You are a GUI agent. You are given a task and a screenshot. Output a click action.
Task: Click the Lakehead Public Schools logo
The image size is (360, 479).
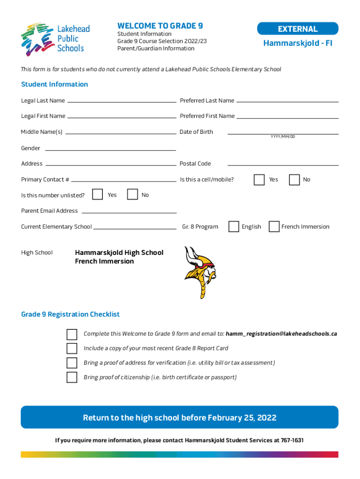[x=55, y=39]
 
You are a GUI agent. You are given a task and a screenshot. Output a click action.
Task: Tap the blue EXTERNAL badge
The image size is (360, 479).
[x=297, y=29]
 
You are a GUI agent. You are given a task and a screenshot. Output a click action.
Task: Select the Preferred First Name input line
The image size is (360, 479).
[x=287, y=116]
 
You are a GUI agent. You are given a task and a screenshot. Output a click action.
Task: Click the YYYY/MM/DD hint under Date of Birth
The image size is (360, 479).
[x=283, y=137]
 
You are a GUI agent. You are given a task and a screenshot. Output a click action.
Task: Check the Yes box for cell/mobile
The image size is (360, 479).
[x=259, y=180]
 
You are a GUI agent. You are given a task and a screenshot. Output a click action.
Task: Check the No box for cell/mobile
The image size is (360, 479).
[x=295, y=180]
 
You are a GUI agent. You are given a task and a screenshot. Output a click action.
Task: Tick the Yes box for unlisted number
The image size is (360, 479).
[x=97, y=194]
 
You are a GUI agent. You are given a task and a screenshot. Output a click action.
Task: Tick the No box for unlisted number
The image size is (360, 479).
[x=133, y=194]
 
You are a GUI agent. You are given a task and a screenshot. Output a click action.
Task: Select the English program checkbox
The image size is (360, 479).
[x=234, y=226]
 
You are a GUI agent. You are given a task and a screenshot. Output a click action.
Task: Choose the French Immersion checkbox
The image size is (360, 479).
[x=274, y=226]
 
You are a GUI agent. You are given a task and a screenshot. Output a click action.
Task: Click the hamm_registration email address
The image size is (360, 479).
[x=281, y=334]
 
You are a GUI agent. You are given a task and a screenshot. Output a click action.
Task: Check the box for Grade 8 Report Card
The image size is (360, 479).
[x=72, y=348]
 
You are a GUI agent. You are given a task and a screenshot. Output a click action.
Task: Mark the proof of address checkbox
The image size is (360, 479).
[x=72, y=363]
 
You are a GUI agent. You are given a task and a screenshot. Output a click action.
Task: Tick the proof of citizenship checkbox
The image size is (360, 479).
[x=72, y=377]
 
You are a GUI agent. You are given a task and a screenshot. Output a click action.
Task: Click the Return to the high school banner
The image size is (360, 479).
[x=180, y=417]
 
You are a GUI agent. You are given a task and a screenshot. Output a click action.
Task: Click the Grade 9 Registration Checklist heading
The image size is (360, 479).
[x=70, y=314]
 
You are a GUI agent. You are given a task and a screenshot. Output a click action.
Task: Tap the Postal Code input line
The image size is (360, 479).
[x=283, y=165]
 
